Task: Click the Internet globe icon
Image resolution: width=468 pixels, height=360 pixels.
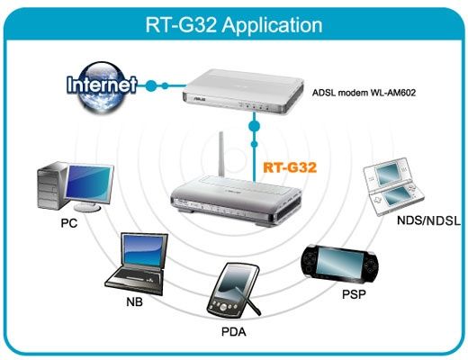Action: click(x=102, y=86)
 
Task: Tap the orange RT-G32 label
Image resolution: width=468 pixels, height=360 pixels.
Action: click(x=290, y=167)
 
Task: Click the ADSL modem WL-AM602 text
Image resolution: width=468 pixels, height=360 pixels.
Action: click(x=364, y=93)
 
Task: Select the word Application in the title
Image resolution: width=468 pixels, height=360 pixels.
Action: click(x=272, y=25)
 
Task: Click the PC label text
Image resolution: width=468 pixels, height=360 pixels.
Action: click(x=69, y=223)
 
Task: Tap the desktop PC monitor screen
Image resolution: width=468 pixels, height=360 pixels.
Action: click(x=89, y=184)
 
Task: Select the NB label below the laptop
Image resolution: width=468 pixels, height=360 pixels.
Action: click(x=134, y=301)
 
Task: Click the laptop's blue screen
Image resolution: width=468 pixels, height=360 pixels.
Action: click(x=144, y=251)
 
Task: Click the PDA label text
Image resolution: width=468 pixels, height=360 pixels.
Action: click(x=234, y=332)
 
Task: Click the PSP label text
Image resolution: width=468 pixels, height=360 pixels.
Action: click(x=354, y=294)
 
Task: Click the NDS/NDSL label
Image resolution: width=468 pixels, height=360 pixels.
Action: click(x=428, y=220)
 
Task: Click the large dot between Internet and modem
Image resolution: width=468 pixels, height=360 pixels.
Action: click(x=151, y=85)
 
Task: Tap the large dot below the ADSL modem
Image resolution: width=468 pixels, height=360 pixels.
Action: click(x=254, y=125)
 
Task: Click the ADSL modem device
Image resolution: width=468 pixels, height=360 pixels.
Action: click(x=244, y=91)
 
